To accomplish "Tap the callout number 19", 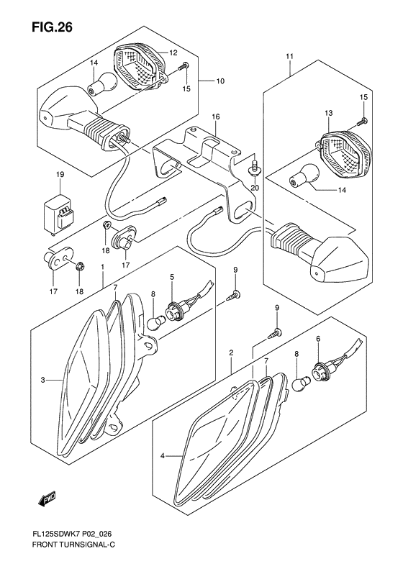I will tap(61, 175).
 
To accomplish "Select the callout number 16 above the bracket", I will tap(215, 117).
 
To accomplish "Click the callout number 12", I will tap(173, 53).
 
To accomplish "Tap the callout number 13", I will tap(330, 114).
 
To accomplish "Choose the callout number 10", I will tap(220, 81).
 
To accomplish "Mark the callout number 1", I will tap(103, 266).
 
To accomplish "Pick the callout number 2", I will tap(231, 352).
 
